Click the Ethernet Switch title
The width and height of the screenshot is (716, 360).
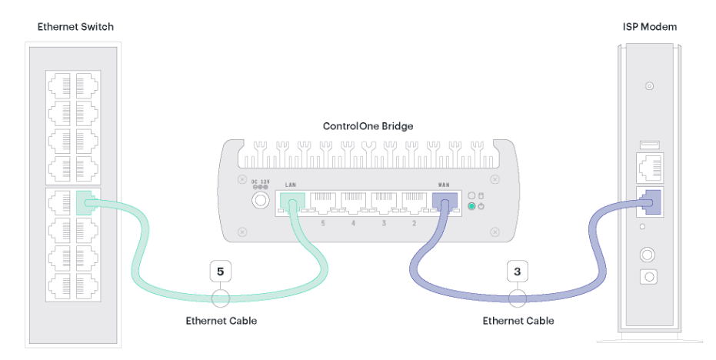click(x=75, y=27)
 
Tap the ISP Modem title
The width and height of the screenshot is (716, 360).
click(x=649, y=27)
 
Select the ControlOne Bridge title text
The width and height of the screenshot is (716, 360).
click(x=368, y=126)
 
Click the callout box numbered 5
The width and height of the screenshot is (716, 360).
click(x=220, y=272)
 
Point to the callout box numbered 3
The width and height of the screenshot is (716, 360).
click(x=518, y=272)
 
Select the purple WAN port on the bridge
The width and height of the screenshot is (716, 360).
click(x=445, y=203)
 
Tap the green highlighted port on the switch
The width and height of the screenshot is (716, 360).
click(x=86, y=203)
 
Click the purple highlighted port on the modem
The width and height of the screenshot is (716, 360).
click(x=651, y=202)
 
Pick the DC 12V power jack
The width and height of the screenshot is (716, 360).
click(x=260, y=200)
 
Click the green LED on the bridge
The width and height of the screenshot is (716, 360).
click(x=471, y=206)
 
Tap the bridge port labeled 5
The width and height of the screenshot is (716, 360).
click(x=323, y=203)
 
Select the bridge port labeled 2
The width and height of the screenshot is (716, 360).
click(x=415, y=203)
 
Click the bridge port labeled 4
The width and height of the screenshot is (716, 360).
click(x=354, y=203)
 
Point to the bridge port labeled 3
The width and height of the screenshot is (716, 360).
click(x=384, y=203)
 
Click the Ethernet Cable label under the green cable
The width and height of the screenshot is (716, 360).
click(x=221, y=321)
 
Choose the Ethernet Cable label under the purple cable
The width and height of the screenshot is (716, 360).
click(x=518, y=321)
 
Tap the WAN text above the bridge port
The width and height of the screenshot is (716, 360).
click(x=444, y=185)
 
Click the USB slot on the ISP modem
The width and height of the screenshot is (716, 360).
click(x=649, y=145)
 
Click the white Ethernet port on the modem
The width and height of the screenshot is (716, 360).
click(x=650, y=168)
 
